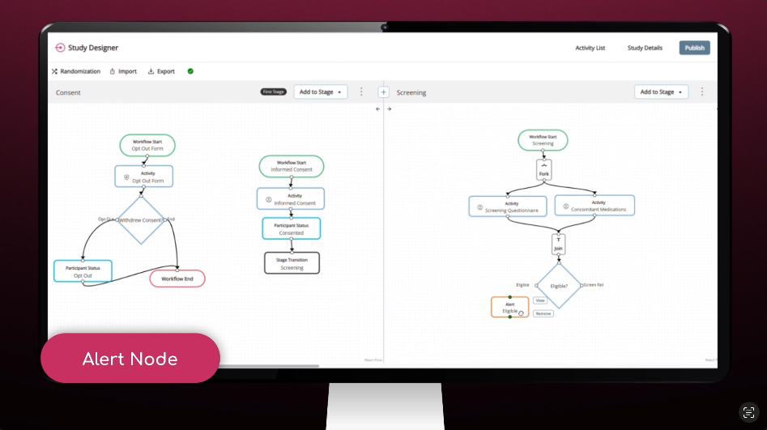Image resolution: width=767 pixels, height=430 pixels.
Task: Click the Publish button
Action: click(x=694, y=48)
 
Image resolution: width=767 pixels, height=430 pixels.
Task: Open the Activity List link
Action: click(x=590, y=48)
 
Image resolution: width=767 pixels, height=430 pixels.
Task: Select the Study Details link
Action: click(x=645, y=48)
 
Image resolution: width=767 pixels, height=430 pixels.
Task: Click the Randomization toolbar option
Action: click(x=76, y=71)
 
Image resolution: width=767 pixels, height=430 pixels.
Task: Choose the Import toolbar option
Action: click(x=123, y=71)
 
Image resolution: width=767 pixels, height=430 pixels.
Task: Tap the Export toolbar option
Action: click(x=161, y=71)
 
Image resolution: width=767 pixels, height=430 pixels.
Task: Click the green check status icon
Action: click(x=190, y=71)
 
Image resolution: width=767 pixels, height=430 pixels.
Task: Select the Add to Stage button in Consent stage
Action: click(x=320, y=92)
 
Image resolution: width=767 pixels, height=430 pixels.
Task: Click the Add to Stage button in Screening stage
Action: click(x=661, y=92)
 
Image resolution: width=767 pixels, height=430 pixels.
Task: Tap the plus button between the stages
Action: click(x=383, y=92)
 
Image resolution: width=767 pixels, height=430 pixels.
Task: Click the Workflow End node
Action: click(x=177, y=279)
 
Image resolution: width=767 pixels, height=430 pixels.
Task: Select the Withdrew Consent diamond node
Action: click(x=141, y=219)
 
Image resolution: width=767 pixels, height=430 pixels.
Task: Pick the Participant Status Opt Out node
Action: click(x=83, y=271)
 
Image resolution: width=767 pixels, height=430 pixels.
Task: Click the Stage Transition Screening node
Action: click(x=292, y=263)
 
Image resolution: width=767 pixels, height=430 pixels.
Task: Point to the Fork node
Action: click(x=543, y=170)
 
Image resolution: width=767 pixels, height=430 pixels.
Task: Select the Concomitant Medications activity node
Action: click(x=594, y=206)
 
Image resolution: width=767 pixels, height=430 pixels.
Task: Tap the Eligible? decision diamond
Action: click(x=559, y=285)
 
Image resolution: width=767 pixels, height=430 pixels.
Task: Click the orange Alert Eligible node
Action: click(x=509, y=308)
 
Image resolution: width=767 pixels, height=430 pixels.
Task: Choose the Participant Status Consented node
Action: click(x=291, y=228)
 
